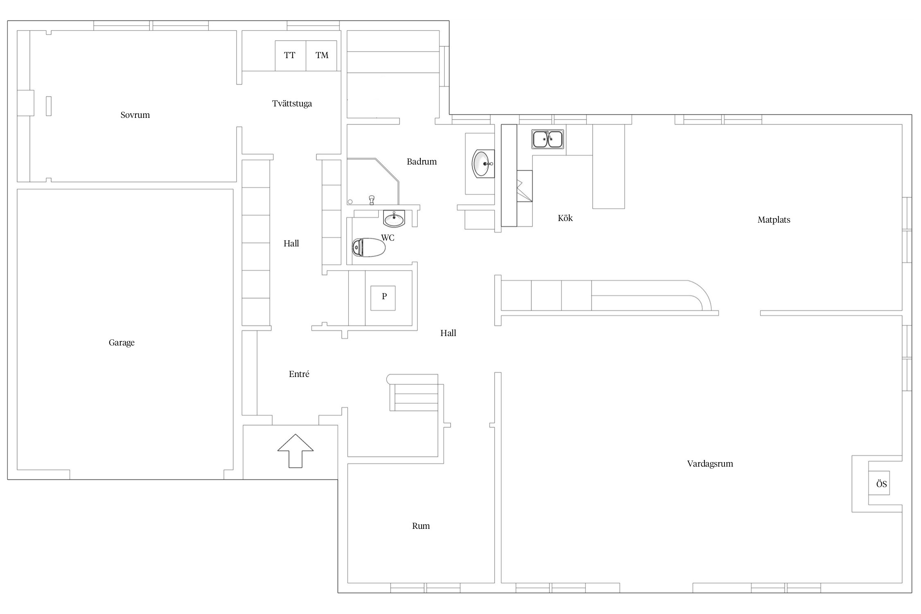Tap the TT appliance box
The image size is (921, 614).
(x=290, y=56)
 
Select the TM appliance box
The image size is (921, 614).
(x=322, y=56)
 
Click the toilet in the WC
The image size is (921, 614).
(x=369, y=247)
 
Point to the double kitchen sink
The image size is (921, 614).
(x=548, y=139)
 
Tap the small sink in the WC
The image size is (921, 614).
(x=394, y=219)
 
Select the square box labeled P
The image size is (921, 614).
(x=383, y=298)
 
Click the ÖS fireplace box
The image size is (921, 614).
(x=879, y=484)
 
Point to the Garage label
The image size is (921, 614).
(x=122, y=343)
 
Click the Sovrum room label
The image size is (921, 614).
(x=135, y=115)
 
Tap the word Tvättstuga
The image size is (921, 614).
(x=292, y=104)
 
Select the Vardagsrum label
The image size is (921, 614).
(x=710, y=464)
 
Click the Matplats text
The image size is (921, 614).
(x=774, y=220)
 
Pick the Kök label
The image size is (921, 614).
(x=565, y=218)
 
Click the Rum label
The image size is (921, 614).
(x=421, y=526)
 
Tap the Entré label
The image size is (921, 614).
(x=299, y=374)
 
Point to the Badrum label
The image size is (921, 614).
(x=422, y=162)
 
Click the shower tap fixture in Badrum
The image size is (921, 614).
(x=372, y=200)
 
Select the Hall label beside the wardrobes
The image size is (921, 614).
(x=291, y=244)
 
